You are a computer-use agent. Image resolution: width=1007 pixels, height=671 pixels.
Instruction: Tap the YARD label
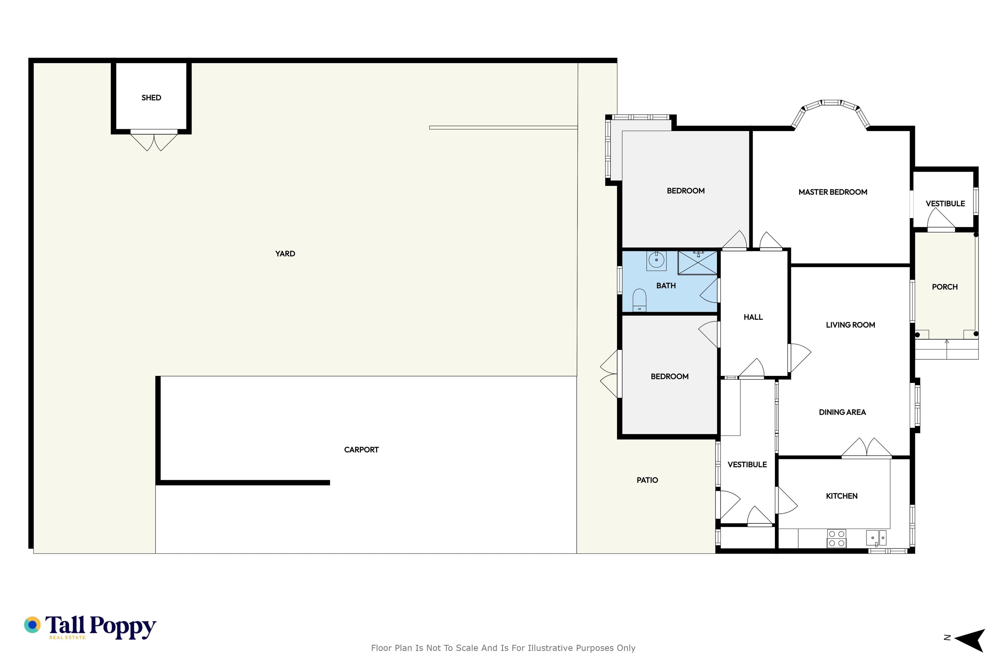click(285, 254)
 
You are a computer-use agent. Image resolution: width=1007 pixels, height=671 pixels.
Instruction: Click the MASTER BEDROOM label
click(833, 192)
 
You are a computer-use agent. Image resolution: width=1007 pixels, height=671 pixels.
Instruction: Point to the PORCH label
click(945, 287)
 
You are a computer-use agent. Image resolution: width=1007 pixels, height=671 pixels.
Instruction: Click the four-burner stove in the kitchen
click(837, 539)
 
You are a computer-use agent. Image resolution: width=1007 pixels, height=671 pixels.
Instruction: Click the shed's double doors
click(154, 141)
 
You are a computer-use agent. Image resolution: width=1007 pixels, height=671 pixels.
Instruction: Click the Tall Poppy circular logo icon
click(32, 625)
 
